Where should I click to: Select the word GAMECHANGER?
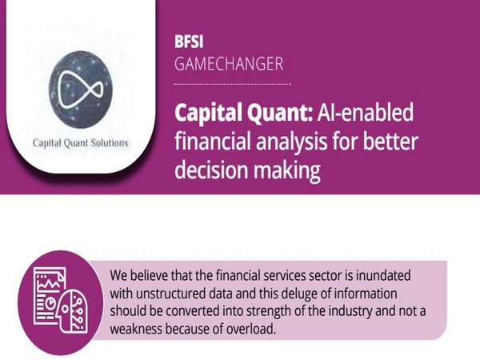coord(228,62)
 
